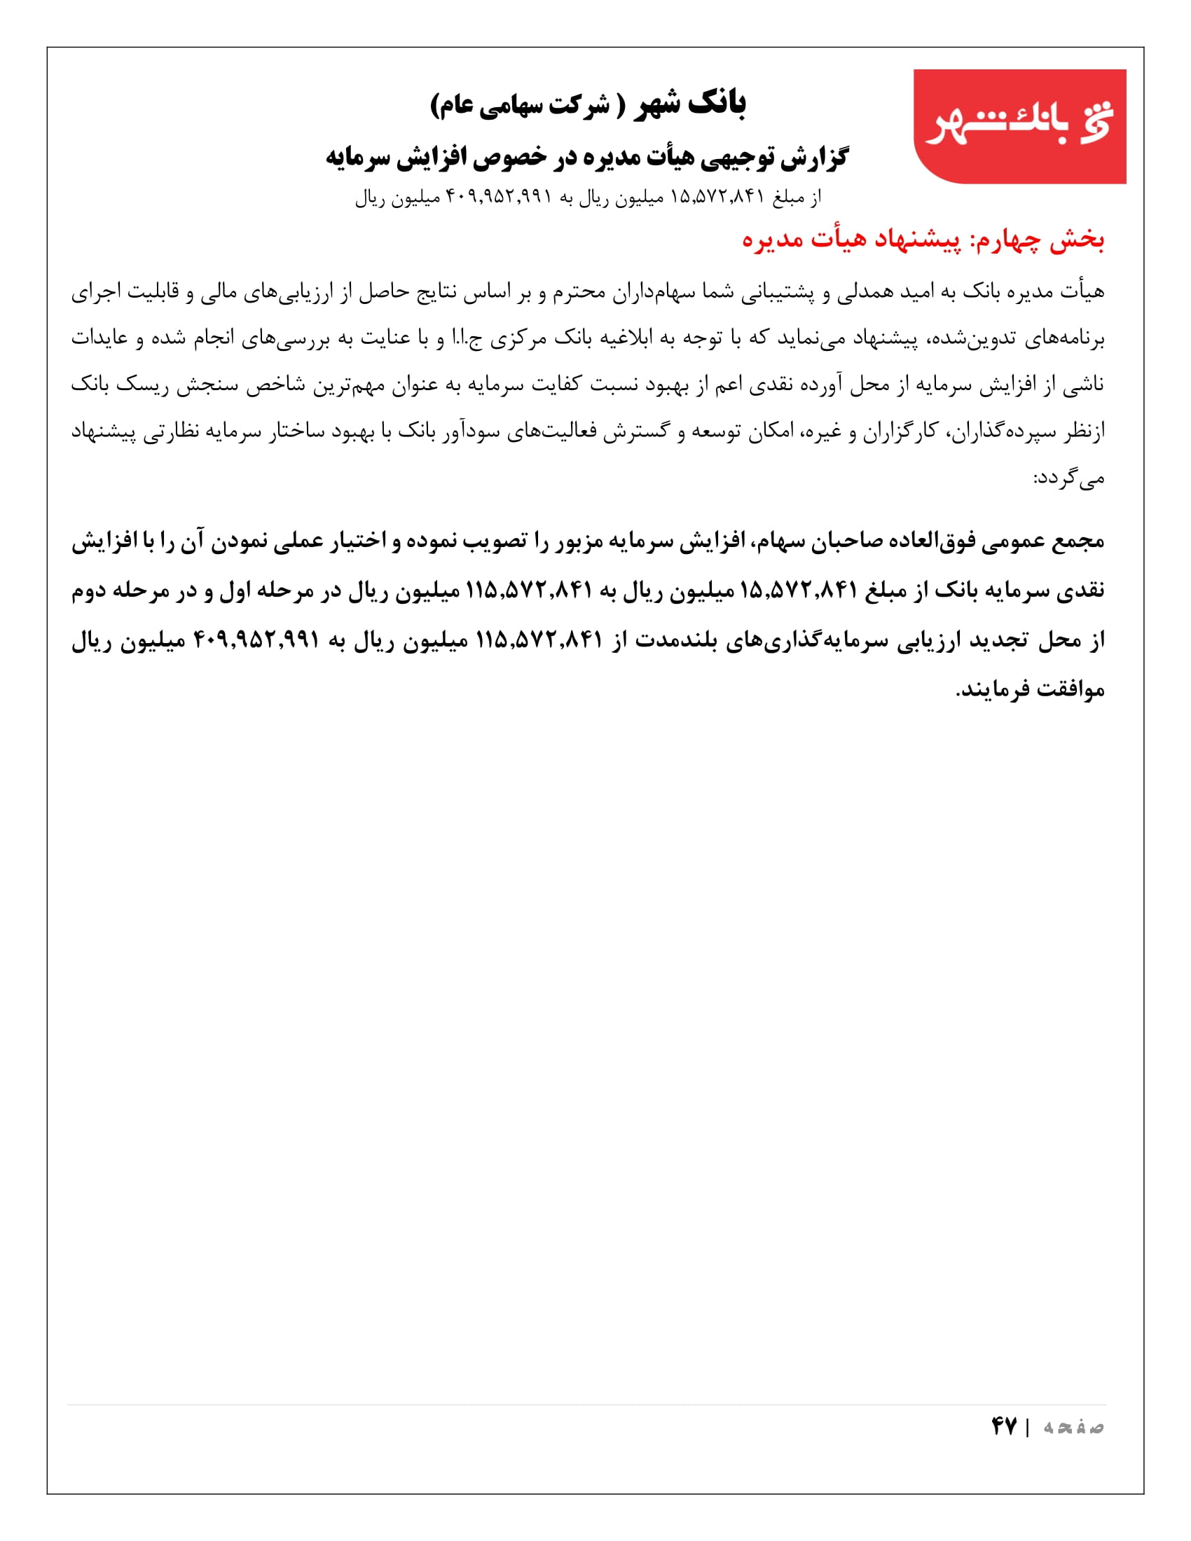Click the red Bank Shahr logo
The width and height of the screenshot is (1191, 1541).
click(1019, 125)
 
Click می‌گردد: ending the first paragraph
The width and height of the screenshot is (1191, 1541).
click(1068, 479)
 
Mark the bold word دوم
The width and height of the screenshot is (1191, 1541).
click(92, 590)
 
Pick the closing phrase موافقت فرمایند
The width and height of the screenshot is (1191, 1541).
click(1029, 689)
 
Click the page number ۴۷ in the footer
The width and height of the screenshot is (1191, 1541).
click(1003, 1426)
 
